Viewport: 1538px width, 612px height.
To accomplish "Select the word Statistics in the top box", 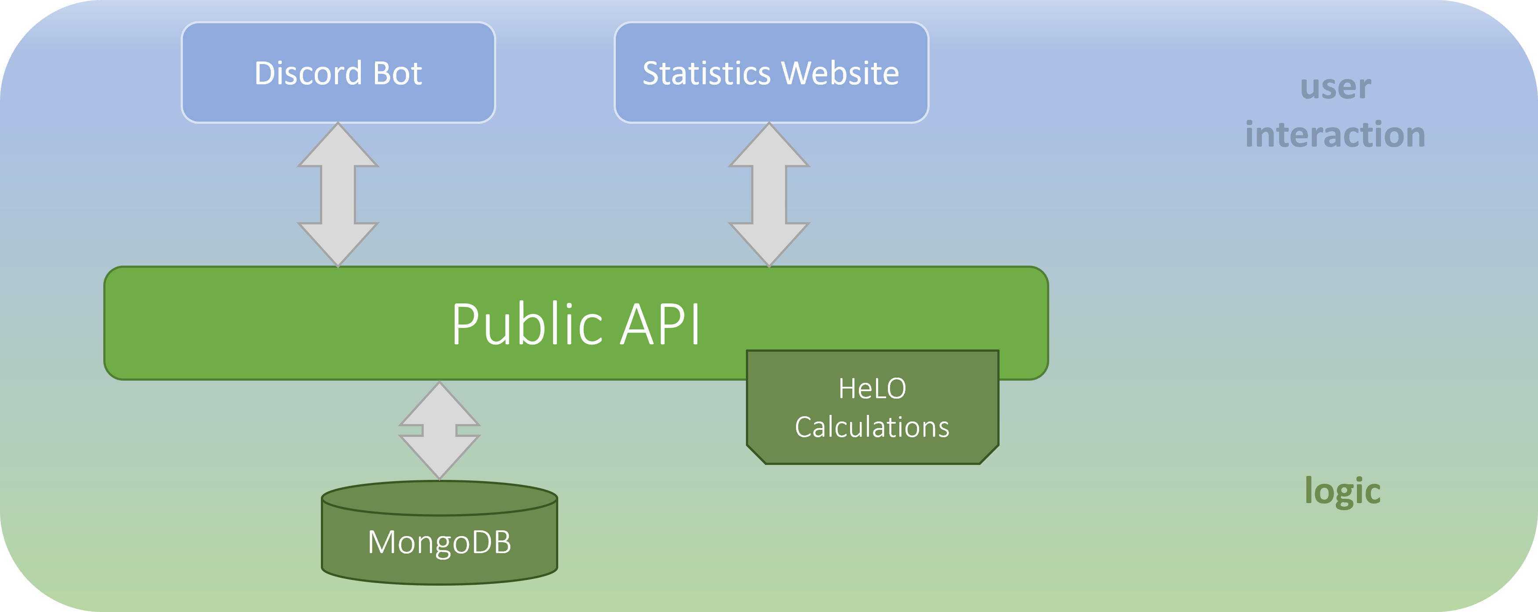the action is (x=706, y=73).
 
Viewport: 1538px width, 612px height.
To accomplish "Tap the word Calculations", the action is (x=872, y=427).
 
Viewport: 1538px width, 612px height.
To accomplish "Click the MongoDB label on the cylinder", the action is (x=440, y=542).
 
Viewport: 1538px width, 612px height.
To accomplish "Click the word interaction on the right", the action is (x=1336, y=134).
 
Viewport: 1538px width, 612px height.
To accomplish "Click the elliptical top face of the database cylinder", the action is (x=440, y=498).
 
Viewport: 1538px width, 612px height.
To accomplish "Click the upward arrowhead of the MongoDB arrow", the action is (x=440, y=406).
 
